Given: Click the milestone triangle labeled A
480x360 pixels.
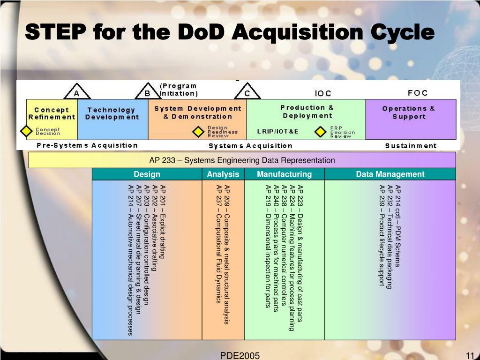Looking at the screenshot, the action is pos(77,91).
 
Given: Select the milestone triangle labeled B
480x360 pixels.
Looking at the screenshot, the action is pos(148,91).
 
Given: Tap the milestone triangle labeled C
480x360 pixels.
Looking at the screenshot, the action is pos(247,91).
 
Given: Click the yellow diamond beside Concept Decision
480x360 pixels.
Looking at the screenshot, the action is pos(26,131).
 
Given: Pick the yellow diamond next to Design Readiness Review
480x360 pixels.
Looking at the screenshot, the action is pos(198,132).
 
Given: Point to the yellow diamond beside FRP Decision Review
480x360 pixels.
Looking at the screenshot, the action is pos(321,132).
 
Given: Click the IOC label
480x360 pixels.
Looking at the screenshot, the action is pos(323,93).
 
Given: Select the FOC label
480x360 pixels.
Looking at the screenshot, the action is pos(418,93).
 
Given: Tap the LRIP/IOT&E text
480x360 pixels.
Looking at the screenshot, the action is pos(277,132).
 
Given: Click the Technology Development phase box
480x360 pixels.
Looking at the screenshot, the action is pos(112,120).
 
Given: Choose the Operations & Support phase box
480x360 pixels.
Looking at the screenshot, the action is pos(411,120).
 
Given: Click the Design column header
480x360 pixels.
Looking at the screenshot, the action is pos(147,174).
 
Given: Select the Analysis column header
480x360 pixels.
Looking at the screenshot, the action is pos(223,174).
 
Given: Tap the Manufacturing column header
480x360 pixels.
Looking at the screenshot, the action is pos(285,174).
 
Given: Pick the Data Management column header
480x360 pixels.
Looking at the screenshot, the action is pos(390,174).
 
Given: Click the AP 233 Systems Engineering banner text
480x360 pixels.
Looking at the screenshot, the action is pos(242,160).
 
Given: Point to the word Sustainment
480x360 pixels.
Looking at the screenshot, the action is pos(411,146).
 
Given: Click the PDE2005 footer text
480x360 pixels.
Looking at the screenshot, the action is pos(240,356).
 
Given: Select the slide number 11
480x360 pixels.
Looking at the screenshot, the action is pos(470,356).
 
